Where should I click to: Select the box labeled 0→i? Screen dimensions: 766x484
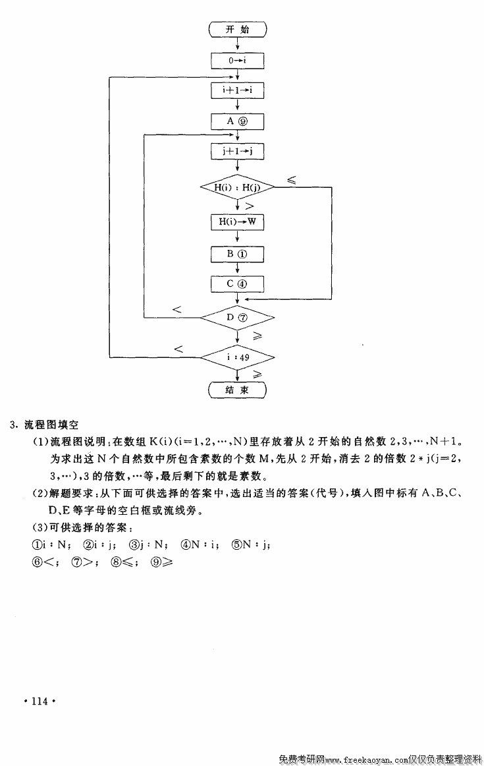237,61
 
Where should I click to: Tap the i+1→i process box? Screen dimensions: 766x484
237,91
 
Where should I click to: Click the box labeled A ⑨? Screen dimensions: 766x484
237,122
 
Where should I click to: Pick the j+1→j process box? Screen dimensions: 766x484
237,152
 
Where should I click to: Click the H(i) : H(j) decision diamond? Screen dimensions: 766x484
237,188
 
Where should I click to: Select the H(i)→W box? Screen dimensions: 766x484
237,222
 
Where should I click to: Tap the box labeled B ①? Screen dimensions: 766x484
237,254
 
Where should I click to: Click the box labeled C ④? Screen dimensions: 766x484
237,284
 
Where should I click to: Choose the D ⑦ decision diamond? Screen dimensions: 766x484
237,318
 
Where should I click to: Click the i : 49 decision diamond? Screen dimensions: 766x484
237,357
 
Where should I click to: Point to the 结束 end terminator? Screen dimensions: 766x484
237,390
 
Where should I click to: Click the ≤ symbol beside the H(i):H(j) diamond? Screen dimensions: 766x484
291,179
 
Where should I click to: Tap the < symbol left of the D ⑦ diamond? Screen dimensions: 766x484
176,309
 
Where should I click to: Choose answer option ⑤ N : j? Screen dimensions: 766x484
251,545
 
